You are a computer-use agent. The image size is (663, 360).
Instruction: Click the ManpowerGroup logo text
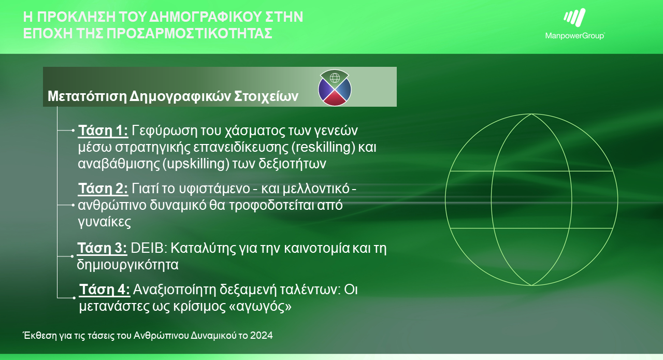click(x=575, y=36)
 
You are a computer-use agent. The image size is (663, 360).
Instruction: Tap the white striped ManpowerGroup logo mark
click(x=574, y=18)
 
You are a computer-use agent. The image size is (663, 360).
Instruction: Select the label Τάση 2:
click(x=103, y=188)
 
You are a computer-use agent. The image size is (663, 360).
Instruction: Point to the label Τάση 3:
click(x=102, y=248)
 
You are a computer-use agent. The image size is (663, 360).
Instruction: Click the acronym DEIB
click(x=147, y=248)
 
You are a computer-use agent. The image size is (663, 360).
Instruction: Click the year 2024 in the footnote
click(x=261, y=335)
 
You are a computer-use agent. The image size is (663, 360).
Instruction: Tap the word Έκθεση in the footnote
click(x=39, y=335)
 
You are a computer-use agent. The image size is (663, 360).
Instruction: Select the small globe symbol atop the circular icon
click(x=335, y=78)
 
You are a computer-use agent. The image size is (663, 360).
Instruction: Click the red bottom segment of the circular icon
click(x=335, y=99)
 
